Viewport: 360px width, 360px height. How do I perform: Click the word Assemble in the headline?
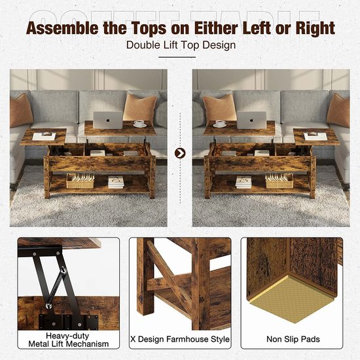pyautogui.click(x=62, y=28)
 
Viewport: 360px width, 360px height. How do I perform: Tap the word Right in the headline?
pyautogui.click(x=315, y=28)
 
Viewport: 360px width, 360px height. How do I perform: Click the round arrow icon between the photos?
pyautogui.click(x=180, y=153)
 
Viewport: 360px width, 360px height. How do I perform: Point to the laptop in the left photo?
pyautogui.click(x=108, y=120)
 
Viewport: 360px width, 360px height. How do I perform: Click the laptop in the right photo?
pyautogui.click(x=251, y=120)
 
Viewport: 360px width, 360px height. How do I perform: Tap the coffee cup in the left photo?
pyautogui.click(x=139, y=124)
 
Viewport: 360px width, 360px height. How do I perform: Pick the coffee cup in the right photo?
pyautogui.click(x=219, y=124)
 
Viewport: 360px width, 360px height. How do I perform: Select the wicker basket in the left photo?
pyautogui.click(x=80, y=181)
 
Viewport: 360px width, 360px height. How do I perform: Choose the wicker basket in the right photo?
pyautogui.click(x=279, y=181)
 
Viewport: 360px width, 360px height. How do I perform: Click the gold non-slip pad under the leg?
pyautogui.click(x=291, y=298)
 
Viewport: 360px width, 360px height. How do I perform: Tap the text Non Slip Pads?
pyautogui.click(x=293, y=339)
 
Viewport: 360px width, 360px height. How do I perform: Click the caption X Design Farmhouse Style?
pyautogui.click(x=180, y=339)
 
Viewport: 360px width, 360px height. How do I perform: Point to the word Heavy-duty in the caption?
pyautogui.click(x=67, y=336)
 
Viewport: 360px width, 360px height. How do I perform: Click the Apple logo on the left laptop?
pyautogui.click(x=107, y=120)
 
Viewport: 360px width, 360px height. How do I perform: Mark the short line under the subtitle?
pyautogui.click(x=177, y=57)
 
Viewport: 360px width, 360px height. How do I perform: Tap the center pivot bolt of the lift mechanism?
pyautogui.click(x=63, y=271)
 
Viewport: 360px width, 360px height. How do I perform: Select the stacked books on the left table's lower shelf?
pyautogui.click(x=116, y=182)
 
